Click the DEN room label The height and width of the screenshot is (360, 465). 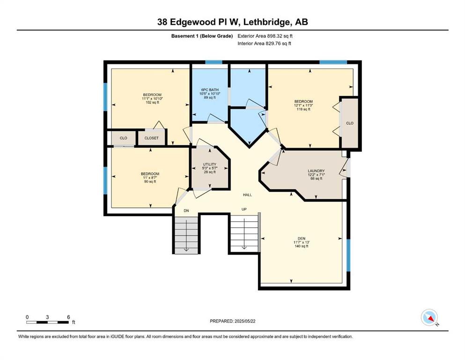click(302, 238)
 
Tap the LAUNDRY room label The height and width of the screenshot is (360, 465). click(316, 171)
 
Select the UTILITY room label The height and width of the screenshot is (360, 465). click(210, 164)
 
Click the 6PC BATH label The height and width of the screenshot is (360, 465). click(210, 90)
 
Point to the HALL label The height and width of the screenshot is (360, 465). click(247, 195)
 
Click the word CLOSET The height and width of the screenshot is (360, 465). click(151, 138)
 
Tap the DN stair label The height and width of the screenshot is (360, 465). click(186, 211)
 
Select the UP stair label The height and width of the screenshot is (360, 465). click(244, 209)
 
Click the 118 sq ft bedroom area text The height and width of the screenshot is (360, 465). click(303, 109)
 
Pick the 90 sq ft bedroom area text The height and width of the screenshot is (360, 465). click(150, 181)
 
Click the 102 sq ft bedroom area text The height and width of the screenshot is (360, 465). click(152, 102)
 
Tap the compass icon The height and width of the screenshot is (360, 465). click(429, 317)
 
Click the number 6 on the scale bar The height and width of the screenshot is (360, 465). click(68, 317)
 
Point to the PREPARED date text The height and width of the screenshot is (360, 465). click(232, 321)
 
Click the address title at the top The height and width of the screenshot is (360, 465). click(232, 22)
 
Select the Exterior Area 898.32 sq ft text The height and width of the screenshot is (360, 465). click(265, 36)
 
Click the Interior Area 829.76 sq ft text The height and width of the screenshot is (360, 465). click(264, 43)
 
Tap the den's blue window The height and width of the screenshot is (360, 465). click(348, 255)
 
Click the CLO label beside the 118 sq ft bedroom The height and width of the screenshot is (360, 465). click(350, 123)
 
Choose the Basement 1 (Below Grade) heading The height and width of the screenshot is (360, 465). click(202, 36)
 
